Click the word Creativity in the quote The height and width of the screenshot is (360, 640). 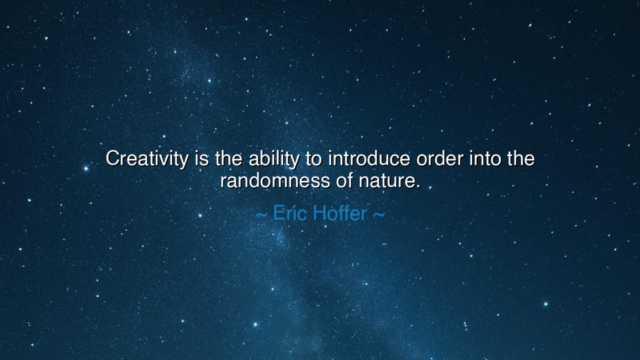tap(147, 159)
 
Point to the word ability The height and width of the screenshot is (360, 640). tap(273, 159)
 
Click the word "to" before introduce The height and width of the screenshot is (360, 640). tap(314, 159)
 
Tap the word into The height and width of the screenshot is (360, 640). tap(485, 158)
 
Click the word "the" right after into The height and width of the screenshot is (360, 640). tap(521, 158)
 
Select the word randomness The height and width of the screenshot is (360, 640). tap(275, 180)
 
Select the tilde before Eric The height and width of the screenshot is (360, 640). tap(261, 215)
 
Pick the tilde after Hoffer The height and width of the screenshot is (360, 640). tap(379, 215)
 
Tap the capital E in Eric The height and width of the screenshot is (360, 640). tap(278, 213)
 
